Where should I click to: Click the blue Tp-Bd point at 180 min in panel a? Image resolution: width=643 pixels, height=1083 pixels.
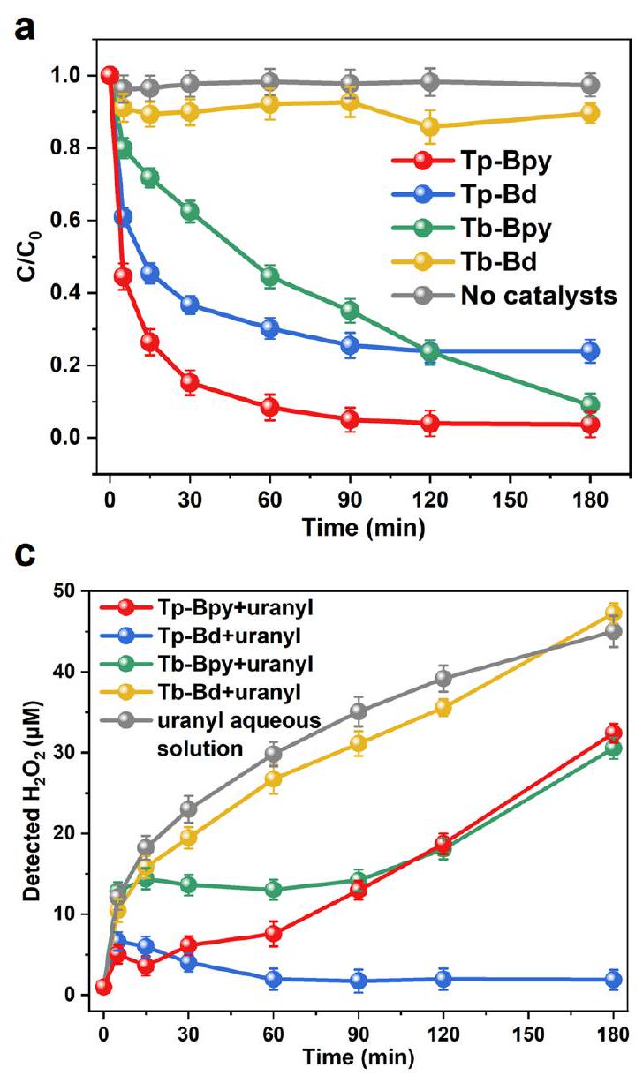click(x=590, y=350)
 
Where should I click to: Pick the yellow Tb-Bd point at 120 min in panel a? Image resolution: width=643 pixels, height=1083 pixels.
click(x=430, y=126)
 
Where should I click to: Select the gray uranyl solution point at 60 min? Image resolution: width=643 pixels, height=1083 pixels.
click(x=274, y=753)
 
